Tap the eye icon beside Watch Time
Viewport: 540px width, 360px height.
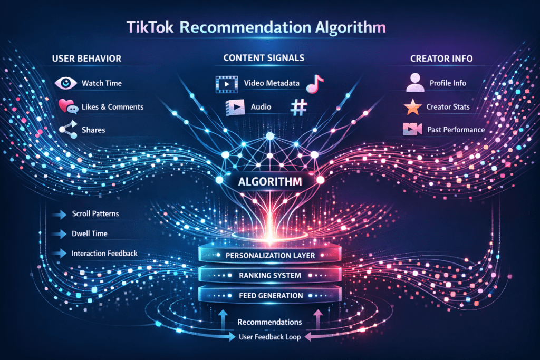pyautogui.click(x=65, y=83)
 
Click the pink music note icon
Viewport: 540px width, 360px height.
pyautogui.click(x=315, y=83)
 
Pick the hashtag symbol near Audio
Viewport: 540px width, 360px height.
pyautogui.click(x=298, y=107)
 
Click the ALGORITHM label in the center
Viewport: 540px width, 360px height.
pyautogui.click(x=269, y=182)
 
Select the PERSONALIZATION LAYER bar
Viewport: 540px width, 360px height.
pyautogui.click(x=269, y=255)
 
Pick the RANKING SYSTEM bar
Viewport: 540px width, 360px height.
pyautogui.click(x=269, y=275)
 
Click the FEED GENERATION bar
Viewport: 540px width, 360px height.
pyautogui.click(x=269, y=295)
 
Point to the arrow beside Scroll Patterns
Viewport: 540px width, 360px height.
pyautogui.click(x=57, y=214)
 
